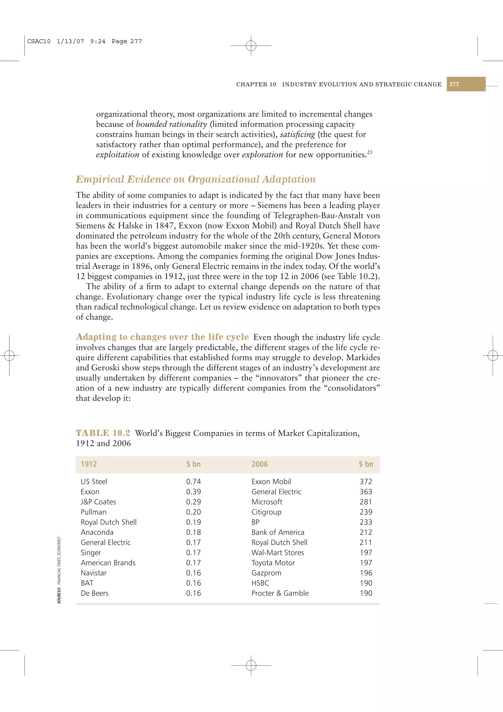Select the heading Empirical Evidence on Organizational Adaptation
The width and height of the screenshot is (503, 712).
(x=196, y=179)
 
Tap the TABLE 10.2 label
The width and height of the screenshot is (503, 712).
(x=103, y=433)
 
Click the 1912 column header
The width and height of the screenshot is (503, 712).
(x=89, y=464)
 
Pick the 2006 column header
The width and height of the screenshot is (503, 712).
(x=259, y=464)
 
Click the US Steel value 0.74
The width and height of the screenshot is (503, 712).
(x=193, y=482)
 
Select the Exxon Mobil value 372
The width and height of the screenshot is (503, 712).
(x=366, y=482)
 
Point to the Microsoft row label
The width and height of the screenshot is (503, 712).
(x=266, y=502)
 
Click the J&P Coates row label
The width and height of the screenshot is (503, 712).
(x=98, y=502)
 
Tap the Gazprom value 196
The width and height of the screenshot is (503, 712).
(x=366, y=573)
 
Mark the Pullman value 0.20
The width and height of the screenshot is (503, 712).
(x=193, y=512)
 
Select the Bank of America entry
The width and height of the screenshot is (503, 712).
(x=278, y=532)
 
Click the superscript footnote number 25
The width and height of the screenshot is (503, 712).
(x=370, y=152)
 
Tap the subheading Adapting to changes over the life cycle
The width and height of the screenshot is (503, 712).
(x=162, y=337)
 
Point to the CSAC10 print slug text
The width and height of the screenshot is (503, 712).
(x=39, y=41)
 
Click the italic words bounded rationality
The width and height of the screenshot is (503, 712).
(x=171, y=124)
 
